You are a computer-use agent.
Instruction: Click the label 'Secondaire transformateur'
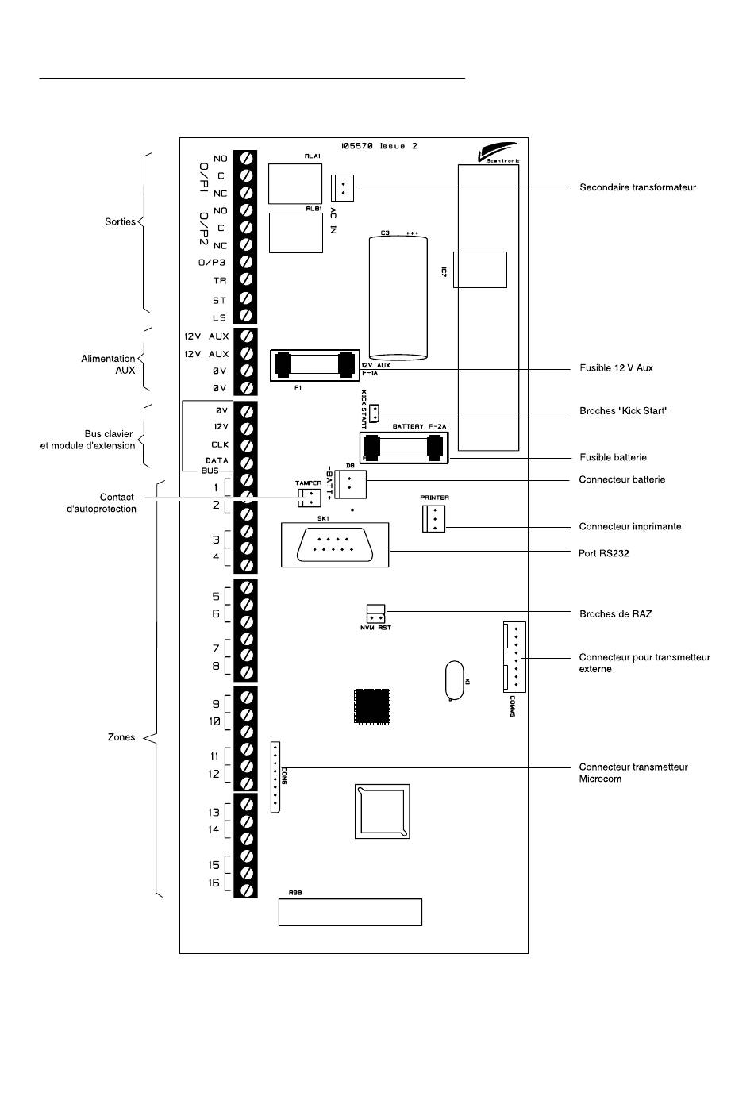coord(637,187)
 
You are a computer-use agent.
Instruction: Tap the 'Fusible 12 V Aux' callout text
coord(616,368)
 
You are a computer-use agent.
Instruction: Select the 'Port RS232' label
coord(603,553)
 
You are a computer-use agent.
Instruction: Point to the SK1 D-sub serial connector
coord(335,544)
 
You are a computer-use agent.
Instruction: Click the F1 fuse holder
coord(314,365)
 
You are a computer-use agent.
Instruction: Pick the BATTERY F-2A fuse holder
coord(404,447)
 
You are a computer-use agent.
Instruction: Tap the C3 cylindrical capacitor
coord(398,298)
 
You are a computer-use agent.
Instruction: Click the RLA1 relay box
coord(295,183)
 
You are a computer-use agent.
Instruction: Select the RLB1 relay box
coord(296,233)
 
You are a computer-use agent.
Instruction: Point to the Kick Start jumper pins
coord(375,413)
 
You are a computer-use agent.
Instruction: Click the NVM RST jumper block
coord(375,614)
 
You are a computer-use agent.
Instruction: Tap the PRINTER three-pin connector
coord(433,519)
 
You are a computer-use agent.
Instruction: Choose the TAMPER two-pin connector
coord(310,497)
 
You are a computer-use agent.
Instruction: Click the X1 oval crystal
coord(455,680)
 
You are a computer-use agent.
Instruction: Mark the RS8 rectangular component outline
coord(350,912)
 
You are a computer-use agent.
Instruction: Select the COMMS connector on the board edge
coord(514,657)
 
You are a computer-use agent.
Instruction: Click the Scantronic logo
coord(498,152)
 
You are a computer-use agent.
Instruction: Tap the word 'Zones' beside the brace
coord(121,737)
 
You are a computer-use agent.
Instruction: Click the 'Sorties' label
coord(120,221)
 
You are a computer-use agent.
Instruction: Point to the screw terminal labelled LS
coord(245,316)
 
